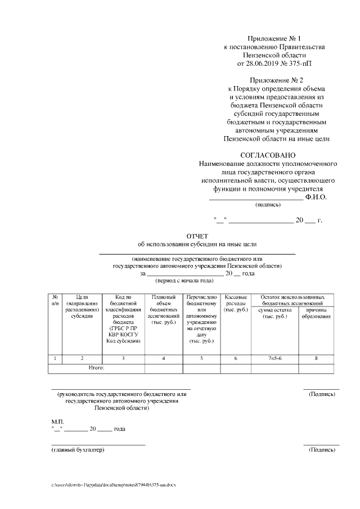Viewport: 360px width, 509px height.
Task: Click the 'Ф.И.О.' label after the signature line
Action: tap(316, 197)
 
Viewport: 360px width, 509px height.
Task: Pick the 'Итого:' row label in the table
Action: tap(97, 368)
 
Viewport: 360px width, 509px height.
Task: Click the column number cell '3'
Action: tap(123, 358)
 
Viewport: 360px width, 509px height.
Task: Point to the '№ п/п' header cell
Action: tap(55, 300)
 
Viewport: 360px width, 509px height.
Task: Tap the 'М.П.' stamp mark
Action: tap(58, 421)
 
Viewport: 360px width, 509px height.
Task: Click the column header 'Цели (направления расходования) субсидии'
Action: tap(82, 307)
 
